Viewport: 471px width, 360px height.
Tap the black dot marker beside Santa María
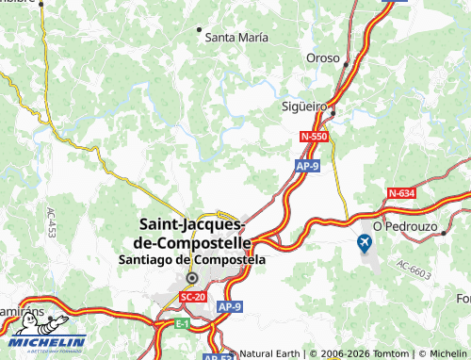[x=199, y=29]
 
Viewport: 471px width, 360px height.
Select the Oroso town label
[x=322, y=58]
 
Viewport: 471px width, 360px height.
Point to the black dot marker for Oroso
[x=347, y=65]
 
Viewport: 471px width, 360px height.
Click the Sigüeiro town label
[x=304, y=106]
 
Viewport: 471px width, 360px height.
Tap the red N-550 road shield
[x=314, y=138]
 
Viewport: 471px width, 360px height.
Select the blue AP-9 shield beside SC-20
[x=231, y=307]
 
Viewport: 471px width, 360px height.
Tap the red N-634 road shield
[x=400, y=193]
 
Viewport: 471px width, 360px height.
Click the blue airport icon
[x=365, y=244]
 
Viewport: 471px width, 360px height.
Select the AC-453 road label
[x=51, y=222]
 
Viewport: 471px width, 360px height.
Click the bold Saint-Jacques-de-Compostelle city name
[x=193, y=233]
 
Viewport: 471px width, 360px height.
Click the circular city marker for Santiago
[x=192, y=278]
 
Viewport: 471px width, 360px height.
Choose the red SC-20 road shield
[x=192, y=296]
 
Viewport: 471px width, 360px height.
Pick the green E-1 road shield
[x=182, y=323]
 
